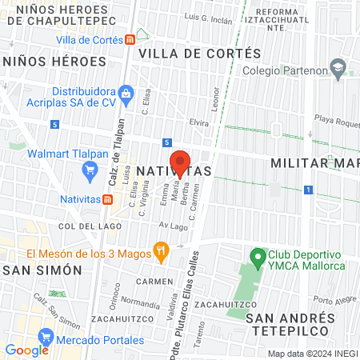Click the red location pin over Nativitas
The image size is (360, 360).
(x=180, y=162)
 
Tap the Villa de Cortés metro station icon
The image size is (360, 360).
(x=130, y=39)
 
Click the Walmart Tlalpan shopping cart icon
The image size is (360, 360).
(x=90, y=170)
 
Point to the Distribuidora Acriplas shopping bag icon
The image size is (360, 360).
(x=126, y=94)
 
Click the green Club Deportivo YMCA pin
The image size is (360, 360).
(x=258, y=257)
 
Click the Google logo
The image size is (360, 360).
(x=26, y=350)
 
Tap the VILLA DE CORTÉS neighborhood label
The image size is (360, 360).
(x=200, y=53)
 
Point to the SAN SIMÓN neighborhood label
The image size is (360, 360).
(x=42, y=270)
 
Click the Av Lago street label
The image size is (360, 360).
(x=173, y=226)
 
